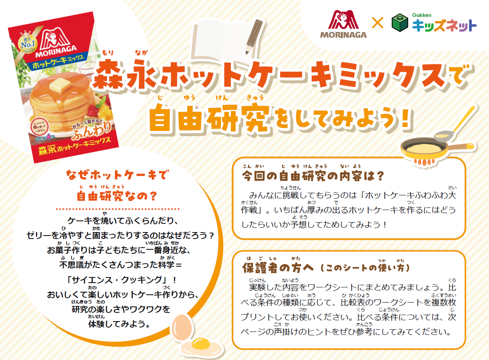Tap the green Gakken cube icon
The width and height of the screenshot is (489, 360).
coord(400,24)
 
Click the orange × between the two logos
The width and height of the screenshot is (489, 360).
coord(377,23)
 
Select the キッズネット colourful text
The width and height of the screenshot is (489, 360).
coord(444,26)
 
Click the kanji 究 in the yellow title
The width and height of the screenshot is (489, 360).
coord(251,119)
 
